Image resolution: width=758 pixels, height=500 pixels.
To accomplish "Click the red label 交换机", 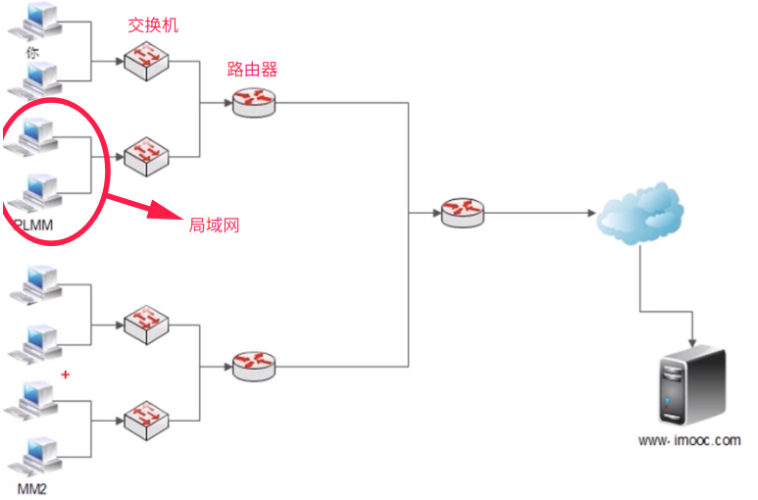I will [154, 25].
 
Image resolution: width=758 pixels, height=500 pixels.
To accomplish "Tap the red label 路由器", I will [253, 70].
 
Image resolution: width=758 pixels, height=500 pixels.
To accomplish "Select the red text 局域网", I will [215, 225].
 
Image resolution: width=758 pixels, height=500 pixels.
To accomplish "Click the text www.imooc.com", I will [689, 441].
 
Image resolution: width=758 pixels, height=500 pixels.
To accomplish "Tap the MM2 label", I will [32, 487].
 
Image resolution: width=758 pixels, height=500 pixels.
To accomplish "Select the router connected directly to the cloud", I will [462, 212].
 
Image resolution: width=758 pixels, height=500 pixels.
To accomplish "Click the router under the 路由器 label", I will [254, 102].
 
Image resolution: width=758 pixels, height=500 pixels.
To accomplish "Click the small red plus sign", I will [66, 375].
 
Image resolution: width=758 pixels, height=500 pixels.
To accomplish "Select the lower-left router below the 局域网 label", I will [254, 367].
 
